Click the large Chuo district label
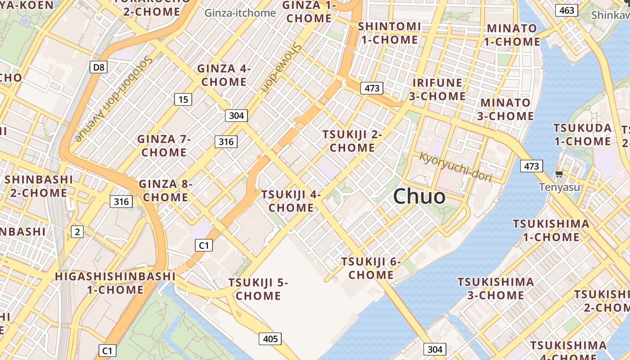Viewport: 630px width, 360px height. tap(419, 197)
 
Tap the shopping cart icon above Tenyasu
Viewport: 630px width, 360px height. tap(559, 174)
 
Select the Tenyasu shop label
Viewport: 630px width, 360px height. tap(560, 187)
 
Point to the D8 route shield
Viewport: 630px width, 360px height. tap(99, 67)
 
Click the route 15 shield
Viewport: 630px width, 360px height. tap(183, 99)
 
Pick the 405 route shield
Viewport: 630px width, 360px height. tap(270, 338)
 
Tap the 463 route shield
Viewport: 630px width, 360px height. tap(567, 10)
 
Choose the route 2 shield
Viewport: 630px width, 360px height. tap(77, 232)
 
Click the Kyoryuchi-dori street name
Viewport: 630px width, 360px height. tap(455, 167)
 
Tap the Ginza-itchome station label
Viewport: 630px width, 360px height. tap(240, 13)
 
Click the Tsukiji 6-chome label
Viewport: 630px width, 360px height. tap(371, 268)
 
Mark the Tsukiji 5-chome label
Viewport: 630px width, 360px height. tap(258, 289)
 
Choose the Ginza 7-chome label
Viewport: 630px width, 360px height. tap(164, 145)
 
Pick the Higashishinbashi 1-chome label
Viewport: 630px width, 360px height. tap(115, 283)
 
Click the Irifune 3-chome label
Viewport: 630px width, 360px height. tap(437, 89)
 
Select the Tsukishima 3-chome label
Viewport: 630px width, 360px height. tap(495, 288)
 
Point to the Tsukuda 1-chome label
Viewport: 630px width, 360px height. tap(582, 135)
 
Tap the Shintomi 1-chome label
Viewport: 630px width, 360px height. tap(389, 33)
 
